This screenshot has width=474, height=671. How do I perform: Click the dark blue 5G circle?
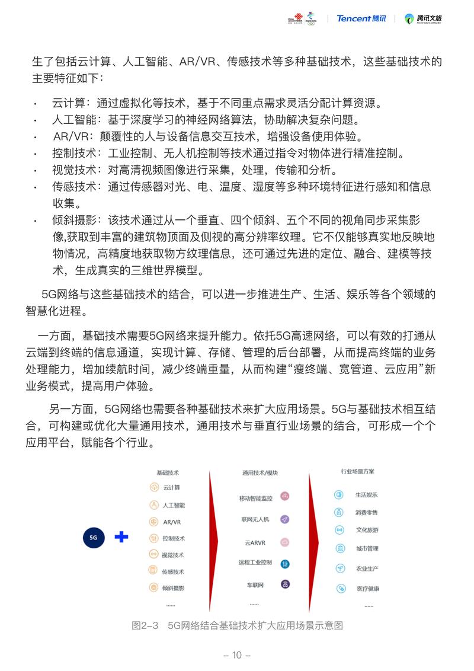click(93, 538)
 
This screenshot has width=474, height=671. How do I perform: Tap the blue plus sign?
click(121, 537)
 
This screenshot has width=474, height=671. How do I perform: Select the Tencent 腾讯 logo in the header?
click(361, 18)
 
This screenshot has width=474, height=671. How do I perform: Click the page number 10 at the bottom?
click(237, 655)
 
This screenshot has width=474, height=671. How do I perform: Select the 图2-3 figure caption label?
click(145, 625)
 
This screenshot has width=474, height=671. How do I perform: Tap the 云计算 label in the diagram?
click(171, 488)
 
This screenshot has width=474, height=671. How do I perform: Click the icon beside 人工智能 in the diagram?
click(154, 505)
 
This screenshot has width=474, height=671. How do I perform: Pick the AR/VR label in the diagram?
click(172, 522)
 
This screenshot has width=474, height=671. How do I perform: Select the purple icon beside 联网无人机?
click(285, 519)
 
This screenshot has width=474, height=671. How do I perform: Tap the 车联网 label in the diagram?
click(255, 584)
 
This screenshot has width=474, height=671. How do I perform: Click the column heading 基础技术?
click(168, 472)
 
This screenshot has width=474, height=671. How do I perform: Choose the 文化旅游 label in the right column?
click(367, 530)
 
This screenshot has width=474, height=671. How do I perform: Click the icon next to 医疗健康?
click(341, 588)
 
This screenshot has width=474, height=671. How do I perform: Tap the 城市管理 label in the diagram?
click(367, 549)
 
